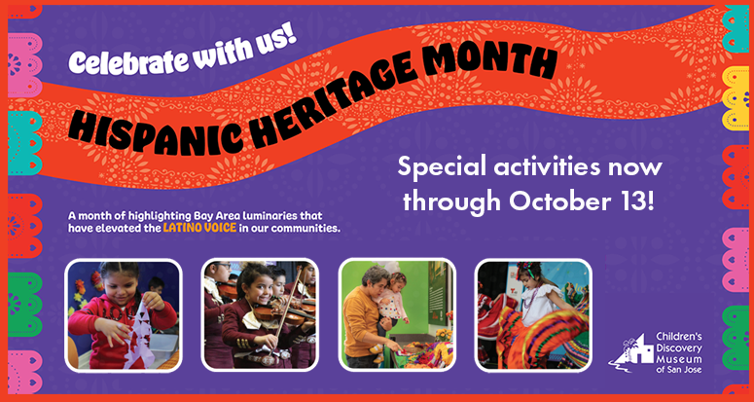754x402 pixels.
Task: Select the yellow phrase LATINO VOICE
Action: tap(199, 228)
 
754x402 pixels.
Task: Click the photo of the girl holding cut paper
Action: tap(124, 315)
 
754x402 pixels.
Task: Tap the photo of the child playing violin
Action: tap(260, 315)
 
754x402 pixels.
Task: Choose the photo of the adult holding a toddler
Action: tap(397, 315)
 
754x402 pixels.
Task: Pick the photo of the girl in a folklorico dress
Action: tap(533, 315)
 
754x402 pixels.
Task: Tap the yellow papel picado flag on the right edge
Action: tap(736, 98)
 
